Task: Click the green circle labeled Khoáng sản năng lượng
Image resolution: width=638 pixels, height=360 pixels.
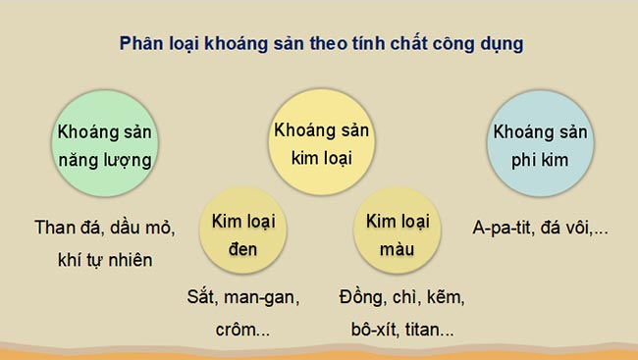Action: coord(108,144)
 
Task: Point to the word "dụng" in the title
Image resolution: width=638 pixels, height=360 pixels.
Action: coord(500,45)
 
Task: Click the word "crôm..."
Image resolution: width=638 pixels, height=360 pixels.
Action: coord(242,329)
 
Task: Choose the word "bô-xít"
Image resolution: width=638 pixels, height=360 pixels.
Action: coord(363,329)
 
